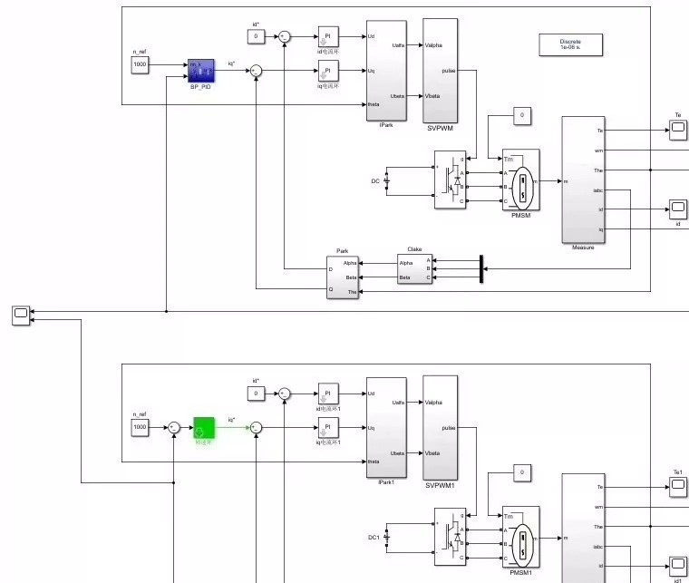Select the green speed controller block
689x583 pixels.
pyautogui.click(x=203, y=426)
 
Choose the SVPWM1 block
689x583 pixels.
pyautogui.click(x=440, y=427)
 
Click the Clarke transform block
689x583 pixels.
pyautogui.click(x=414, y=268)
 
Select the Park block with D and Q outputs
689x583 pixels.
pyautogui.click(x=343, y=277)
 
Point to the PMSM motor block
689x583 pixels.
pyautogui.click(x=520, y=180)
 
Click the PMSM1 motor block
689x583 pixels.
pyautogui.click(x=520, y=537)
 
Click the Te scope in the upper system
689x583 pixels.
pyautogui.click(x=678, y=130)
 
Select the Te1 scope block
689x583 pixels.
pyautogui.click(x=678, y=487)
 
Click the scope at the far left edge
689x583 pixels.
pyautogui.click(x=21, y=315)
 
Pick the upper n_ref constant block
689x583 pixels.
pyautogui.click(x=140, y=65)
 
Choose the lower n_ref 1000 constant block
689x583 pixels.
pyautogui.click(x=140, y=426)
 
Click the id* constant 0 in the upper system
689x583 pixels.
pyautogui.click(x=256, y=36)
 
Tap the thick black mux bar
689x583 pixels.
pyautogui.click(x=481, y=268)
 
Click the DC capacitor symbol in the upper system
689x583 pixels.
pyautogui.click(x=387, y=180)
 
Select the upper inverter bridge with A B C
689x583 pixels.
pyautogui.click(x=450, y=180)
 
